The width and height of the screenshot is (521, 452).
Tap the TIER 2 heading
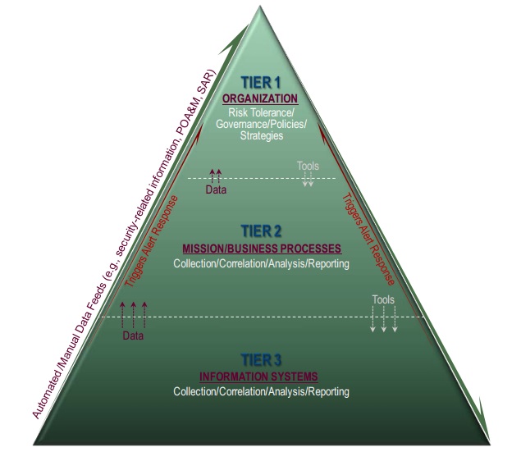click(x=261, y=230)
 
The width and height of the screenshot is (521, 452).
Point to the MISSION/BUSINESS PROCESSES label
click(x=261, y=248)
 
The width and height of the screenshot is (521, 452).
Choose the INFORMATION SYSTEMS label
click(x=258, y=377)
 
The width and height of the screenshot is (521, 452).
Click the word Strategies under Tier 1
click(x=262, y=135)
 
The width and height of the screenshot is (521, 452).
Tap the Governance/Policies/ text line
click(x=262, y=123)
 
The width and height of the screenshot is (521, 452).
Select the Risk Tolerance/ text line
click(x=262, y=112)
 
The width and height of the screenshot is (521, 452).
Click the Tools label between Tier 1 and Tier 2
click(x=308, y=167)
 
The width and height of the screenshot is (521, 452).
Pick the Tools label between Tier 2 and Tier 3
click(x=383, y=300)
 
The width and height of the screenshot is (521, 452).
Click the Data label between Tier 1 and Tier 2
click(x=216, y=190)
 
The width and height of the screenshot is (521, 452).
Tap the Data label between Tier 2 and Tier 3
click(x=132, y=336)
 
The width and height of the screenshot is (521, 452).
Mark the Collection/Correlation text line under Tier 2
click(x=261, y=263)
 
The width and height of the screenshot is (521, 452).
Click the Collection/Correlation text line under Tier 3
click(x=261, y=392)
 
